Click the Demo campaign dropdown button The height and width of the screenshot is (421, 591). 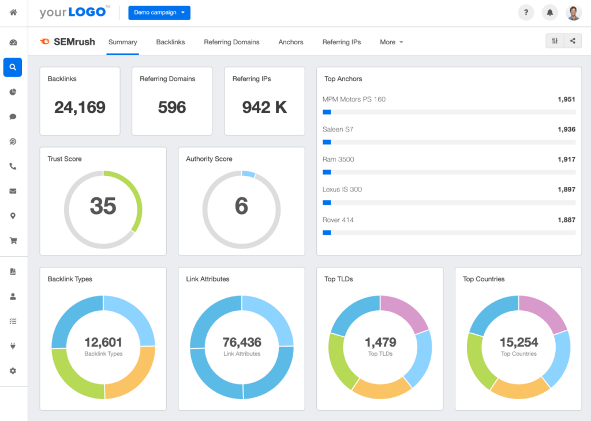[159, 13]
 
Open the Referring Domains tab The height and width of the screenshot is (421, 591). [231, 42]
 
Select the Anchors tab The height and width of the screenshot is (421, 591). [291, 42]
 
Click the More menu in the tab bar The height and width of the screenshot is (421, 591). [391, 42]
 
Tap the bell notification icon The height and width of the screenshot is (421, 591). [550, 13]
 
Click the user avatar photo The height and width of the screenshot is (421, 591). [574, 13]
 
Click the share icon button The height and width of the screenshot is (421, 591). [573, 41]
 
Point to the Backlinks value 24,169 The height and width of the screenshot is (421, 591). [80, 107]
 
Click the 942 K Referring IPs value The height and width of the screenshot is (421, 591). [264, 107]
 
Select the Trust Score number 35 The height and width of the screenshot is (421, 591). [103, 206]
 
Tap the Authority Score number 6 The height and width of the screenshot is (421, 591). [241, 206]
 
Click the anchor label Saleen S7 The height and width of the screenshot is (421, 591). [338, 129]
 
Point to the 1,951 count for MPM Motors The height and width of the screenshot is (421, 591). [566, 99]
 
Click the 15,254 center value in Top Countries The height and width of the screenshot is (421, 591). [518, 342]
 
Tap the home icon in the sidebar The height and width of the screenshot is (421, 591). [13, 12]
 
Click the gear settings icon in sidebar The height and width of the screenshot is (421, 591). [13, 371]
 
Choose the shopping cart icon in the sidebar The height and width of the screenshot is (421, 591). [13, 241]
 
